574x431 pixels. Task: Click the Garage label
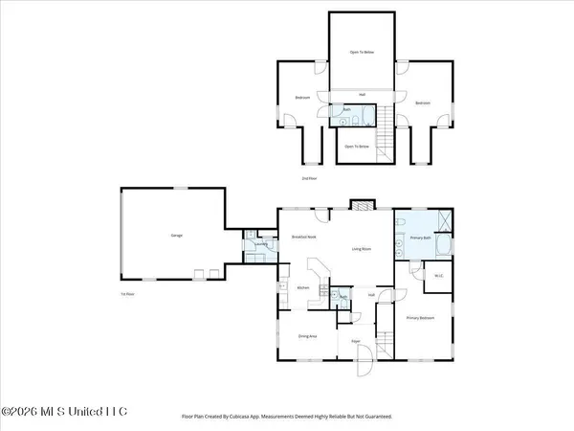[177, 235]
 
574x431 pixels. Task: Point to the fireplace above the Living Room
[359, 205]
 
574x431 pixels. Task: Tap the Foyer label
[355, 341]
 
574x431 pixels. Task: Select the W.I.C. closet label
[437, 277]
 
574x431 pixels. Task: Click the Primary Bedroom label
[420, 318]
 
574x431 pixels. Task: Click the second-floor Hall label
[362, 94]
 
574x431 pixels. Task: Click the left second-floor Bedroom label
[302, 98]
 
